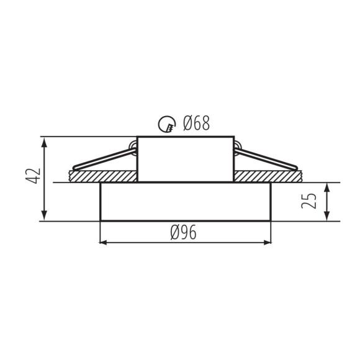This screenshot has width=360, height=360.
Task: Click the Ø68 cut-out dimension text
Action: click(x=197, y=124)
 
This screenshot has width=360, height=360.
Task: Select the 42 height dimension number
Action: click(x=35, y=176)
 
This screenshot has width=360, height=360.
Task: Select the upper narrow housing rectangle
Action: click(x=185, y=159)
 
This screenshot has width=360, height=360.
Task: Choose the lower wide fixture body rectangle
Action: click(x=185, y=201)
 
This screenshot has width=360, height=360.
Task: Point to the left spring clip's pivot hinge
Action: click(x=132, y=146)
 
